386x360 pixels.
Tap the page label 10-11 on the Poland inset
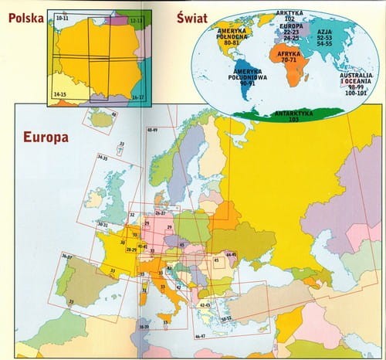[62, 16]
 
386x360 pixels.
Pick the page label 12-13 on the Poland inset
[136, 16]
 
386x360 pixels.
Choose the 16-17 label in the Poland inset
[137, 97]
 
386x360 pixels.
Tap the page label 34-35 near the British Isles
[103, 158]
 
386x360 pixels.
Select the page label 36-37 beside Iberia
[67, 255]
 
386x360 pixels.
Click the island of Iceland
[101, 120]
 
